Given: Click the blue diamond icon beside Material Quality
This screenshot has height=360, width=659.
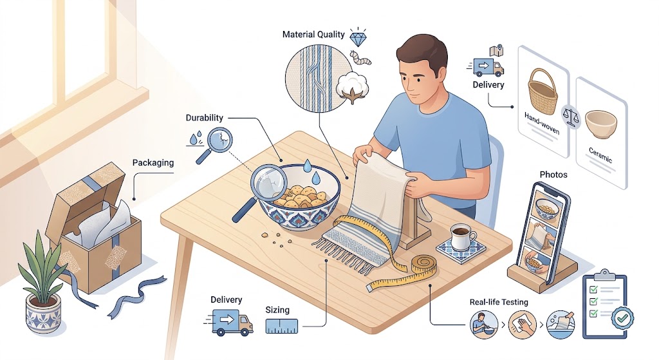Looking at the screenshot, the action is coord(358,38).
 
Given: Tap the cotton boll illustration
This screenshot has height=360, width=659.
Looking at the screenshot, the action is coord(352,87).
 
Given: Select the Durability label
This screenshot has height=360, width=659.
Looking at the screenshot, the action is coord(204,118).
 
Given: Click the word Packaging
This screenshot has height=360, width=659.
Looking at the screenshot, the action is coord(153,163).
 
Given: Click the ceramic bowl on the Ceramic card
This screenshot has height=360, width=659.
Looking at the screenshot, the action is coord(601,124).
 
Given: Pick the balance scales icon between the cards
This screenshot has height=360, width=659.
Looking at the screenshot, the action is coord(571,117).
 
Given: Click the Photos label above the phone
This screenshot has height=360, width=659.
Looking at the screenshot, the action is coord(553,175).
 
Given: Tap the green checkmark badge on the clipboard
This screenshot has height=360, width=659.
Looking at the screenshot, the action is coord(622,318).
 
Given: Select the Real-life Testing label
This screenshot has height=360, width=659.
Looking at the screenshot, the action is coord(499,302).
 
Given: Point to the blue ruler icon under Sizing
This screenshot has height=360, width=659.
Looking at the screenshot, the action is coord(282,326).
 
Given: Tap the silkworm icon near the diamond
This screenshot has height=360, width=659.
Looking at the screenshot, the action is coord(360,58).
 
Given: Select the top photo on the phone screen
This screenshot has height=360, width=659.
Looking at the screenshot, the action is coord(546,206).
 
